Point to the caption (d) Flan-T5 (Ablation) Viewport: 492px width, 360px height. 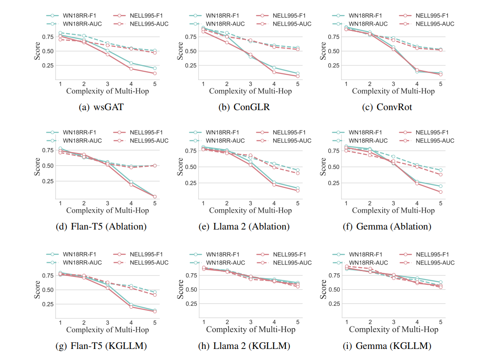pyautogui.click(x=108, y=226)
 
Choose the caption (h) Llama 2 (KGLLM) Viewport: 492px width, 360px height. pyautogui.click(x=250, y=346)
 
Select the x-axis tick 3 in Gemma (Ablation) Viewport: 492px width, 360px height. pyautogui.click(x=393, y=203)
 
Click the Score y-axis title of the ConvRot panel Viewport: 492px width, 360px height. pyautogui.click(x=323, y=51)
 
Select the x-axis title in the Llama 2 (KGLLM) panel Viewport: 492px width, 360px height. pyautogui.click(x=250, y=329)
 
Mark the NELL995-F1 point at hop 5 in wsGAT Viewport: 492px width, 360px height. pyautogui.click(x=155, y=73)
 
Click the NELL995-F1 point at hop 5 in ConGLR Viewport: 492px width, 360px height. pyautogui.click(x=298, y=76)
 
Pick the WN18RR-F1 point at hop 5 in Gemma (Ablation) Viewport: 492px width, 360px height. pyautogui.click(x=441, y=186)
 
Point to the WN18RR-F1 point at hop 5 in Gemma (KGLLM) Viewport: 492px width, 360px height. pyautogui.click(x=441, y=282)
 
